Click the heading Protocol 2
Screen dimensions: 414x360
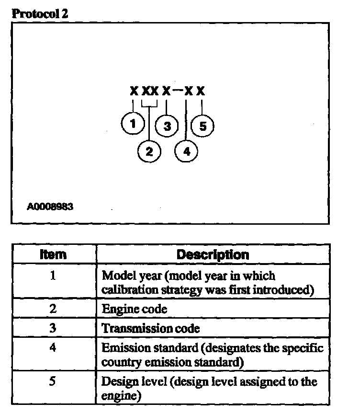point(40,13)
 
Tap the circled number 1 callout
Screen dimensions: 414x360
point(133,124)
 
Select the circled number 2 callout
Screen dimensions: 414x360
point(149,152)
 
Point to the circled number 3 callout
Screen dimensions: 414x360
point(167,126)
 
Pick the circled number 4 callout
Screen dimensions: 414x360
point(187,152)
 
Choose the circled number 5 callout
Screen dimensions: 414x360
point(202,126)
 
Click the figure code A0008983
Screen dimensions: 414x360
point(50,207)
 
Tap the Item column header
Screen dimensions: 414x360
point(53,254)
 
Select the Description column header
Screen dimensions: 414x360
point(213,254)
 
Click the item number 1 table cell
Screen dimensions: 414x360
point(53,276)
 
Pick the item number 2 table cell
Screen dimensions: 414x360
point(53,309)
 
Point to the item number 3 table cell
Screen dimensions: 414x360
point(53,328)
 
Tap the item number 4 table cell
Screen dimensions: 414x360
point(53,347)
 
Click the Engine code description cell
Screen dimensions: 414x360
point(135,309)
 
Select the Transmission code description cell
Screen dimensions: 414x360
point(151,329)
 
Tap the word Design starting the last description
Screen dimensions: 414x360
point(117,382)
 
